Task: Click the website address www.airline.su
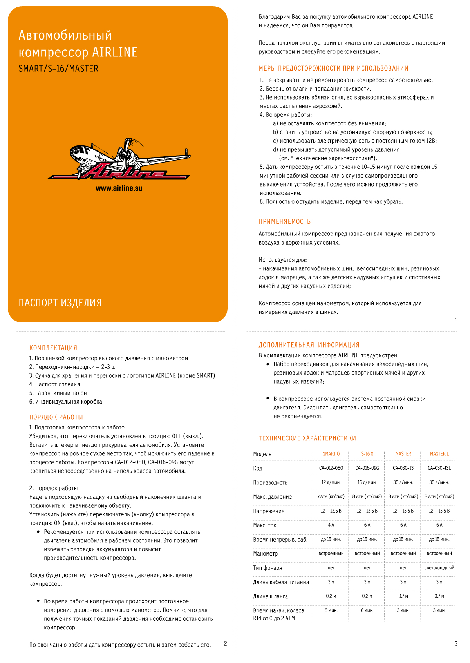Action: (119, 188)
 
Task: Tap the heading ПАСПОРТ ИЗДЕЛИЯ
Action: (60, 303)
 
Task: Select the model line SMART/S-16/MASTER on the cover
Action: (58, 69)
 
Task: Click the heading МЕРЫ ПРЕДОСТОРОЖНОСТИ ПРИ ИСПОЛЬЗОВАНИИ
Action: (333, 69)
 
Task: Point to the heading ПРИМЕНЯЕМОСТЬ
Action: (285, 222)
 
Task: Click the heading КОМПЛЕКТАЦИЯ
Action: (53, 348)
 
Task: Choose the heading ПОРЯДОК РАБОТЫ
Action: (56, 417)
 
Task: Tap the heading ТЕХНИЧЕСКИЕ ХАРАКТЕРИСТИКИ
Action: (307, 438)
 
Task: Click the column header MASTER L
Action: (439, 454)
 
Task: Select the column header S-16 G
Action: (367, 454)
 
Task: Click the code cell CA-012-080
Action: (331, 468)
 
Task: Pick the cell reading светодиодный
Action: (439, 568)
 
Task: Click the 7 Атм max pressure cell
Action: (331, 496)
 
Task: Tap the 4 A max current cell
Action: (331, 525)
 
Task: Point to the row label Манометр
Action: (265, 554)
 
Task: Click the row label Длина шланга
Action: (270, 596)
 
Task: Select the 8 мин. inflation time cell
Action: (331, 610)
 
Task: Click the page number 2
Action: (225, 643)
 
